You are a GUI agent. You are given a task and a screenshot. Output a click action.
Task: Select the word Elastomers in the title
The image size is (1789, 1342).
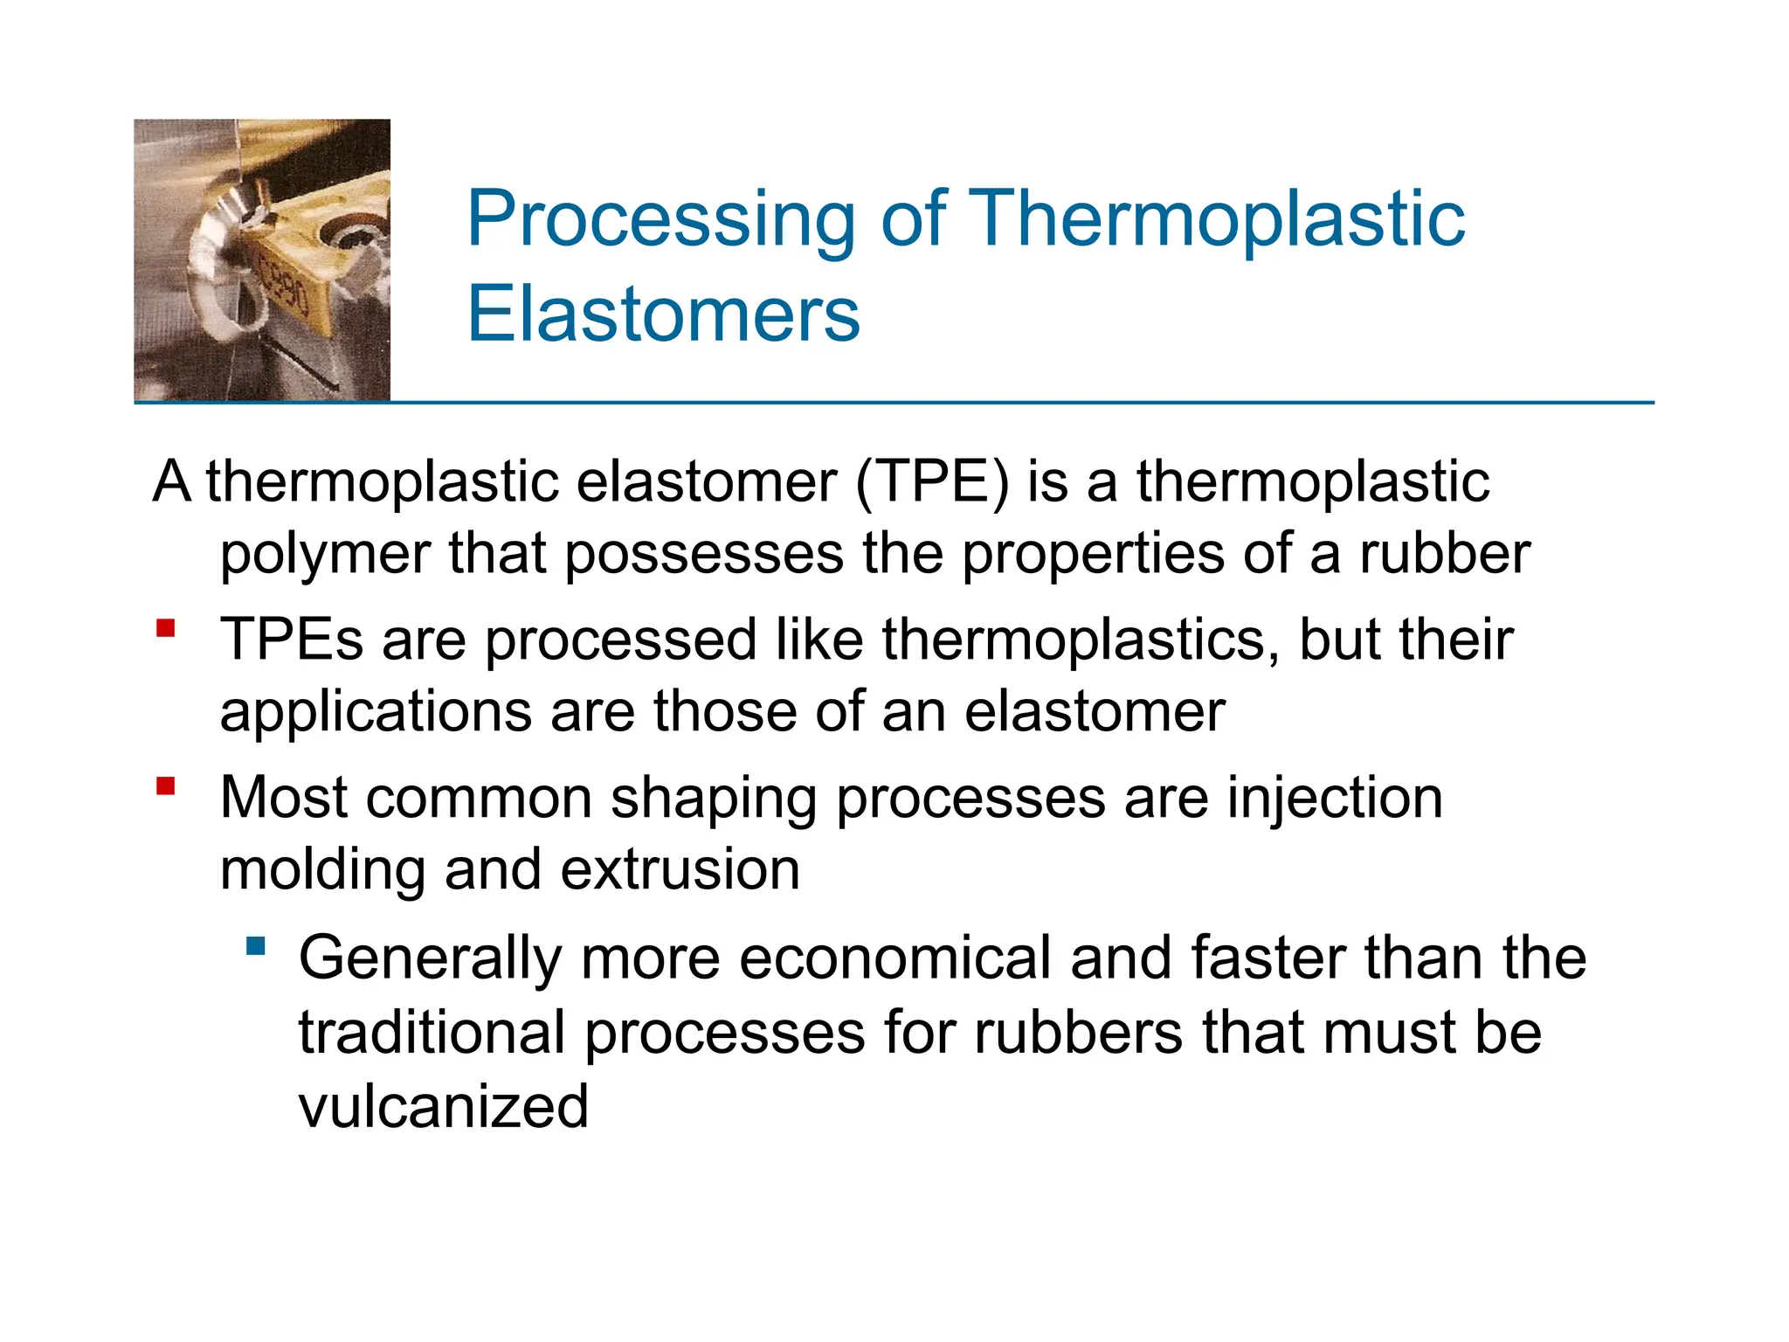coord(663,314)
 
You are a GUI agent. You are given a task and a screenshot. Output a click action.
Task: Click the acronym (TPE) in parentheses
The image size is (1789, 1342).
coord(931,481)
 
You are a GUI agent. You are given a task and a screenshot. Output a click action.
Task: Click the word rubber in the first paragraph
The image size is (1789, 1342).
coord(1444,554)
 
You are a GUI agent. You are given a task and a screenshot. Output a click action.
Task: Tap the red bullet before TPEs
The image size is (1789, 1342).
coord(166,628)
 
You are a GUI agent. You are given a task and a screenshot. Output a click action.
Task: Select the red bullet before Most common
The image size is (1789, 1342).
coord(166,786)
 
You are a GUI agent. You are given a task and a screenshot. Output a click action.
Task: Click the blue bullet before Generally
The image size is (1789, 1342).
coord(255,946)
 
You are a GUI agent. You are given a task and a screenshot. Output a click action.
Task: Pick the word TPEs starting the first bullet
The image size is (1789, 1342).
coord(291,640)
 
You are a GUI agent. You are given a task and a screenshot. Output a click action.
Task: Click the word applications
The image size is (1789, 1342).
coord(376,712)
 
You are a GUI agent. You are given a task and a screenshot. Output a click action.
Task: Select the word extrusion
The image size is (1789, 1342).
coord(680,870)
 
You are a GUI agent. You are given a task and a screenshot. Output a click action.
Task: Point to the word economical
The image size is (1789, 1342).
coord(894,958)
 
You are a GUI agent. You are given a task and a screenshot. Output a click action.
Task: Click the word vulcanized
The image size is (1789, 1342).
coord(443,1107)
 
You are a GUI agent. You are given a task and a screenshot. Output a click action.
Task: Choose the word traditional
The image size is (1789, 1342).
coord(432,1033)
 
